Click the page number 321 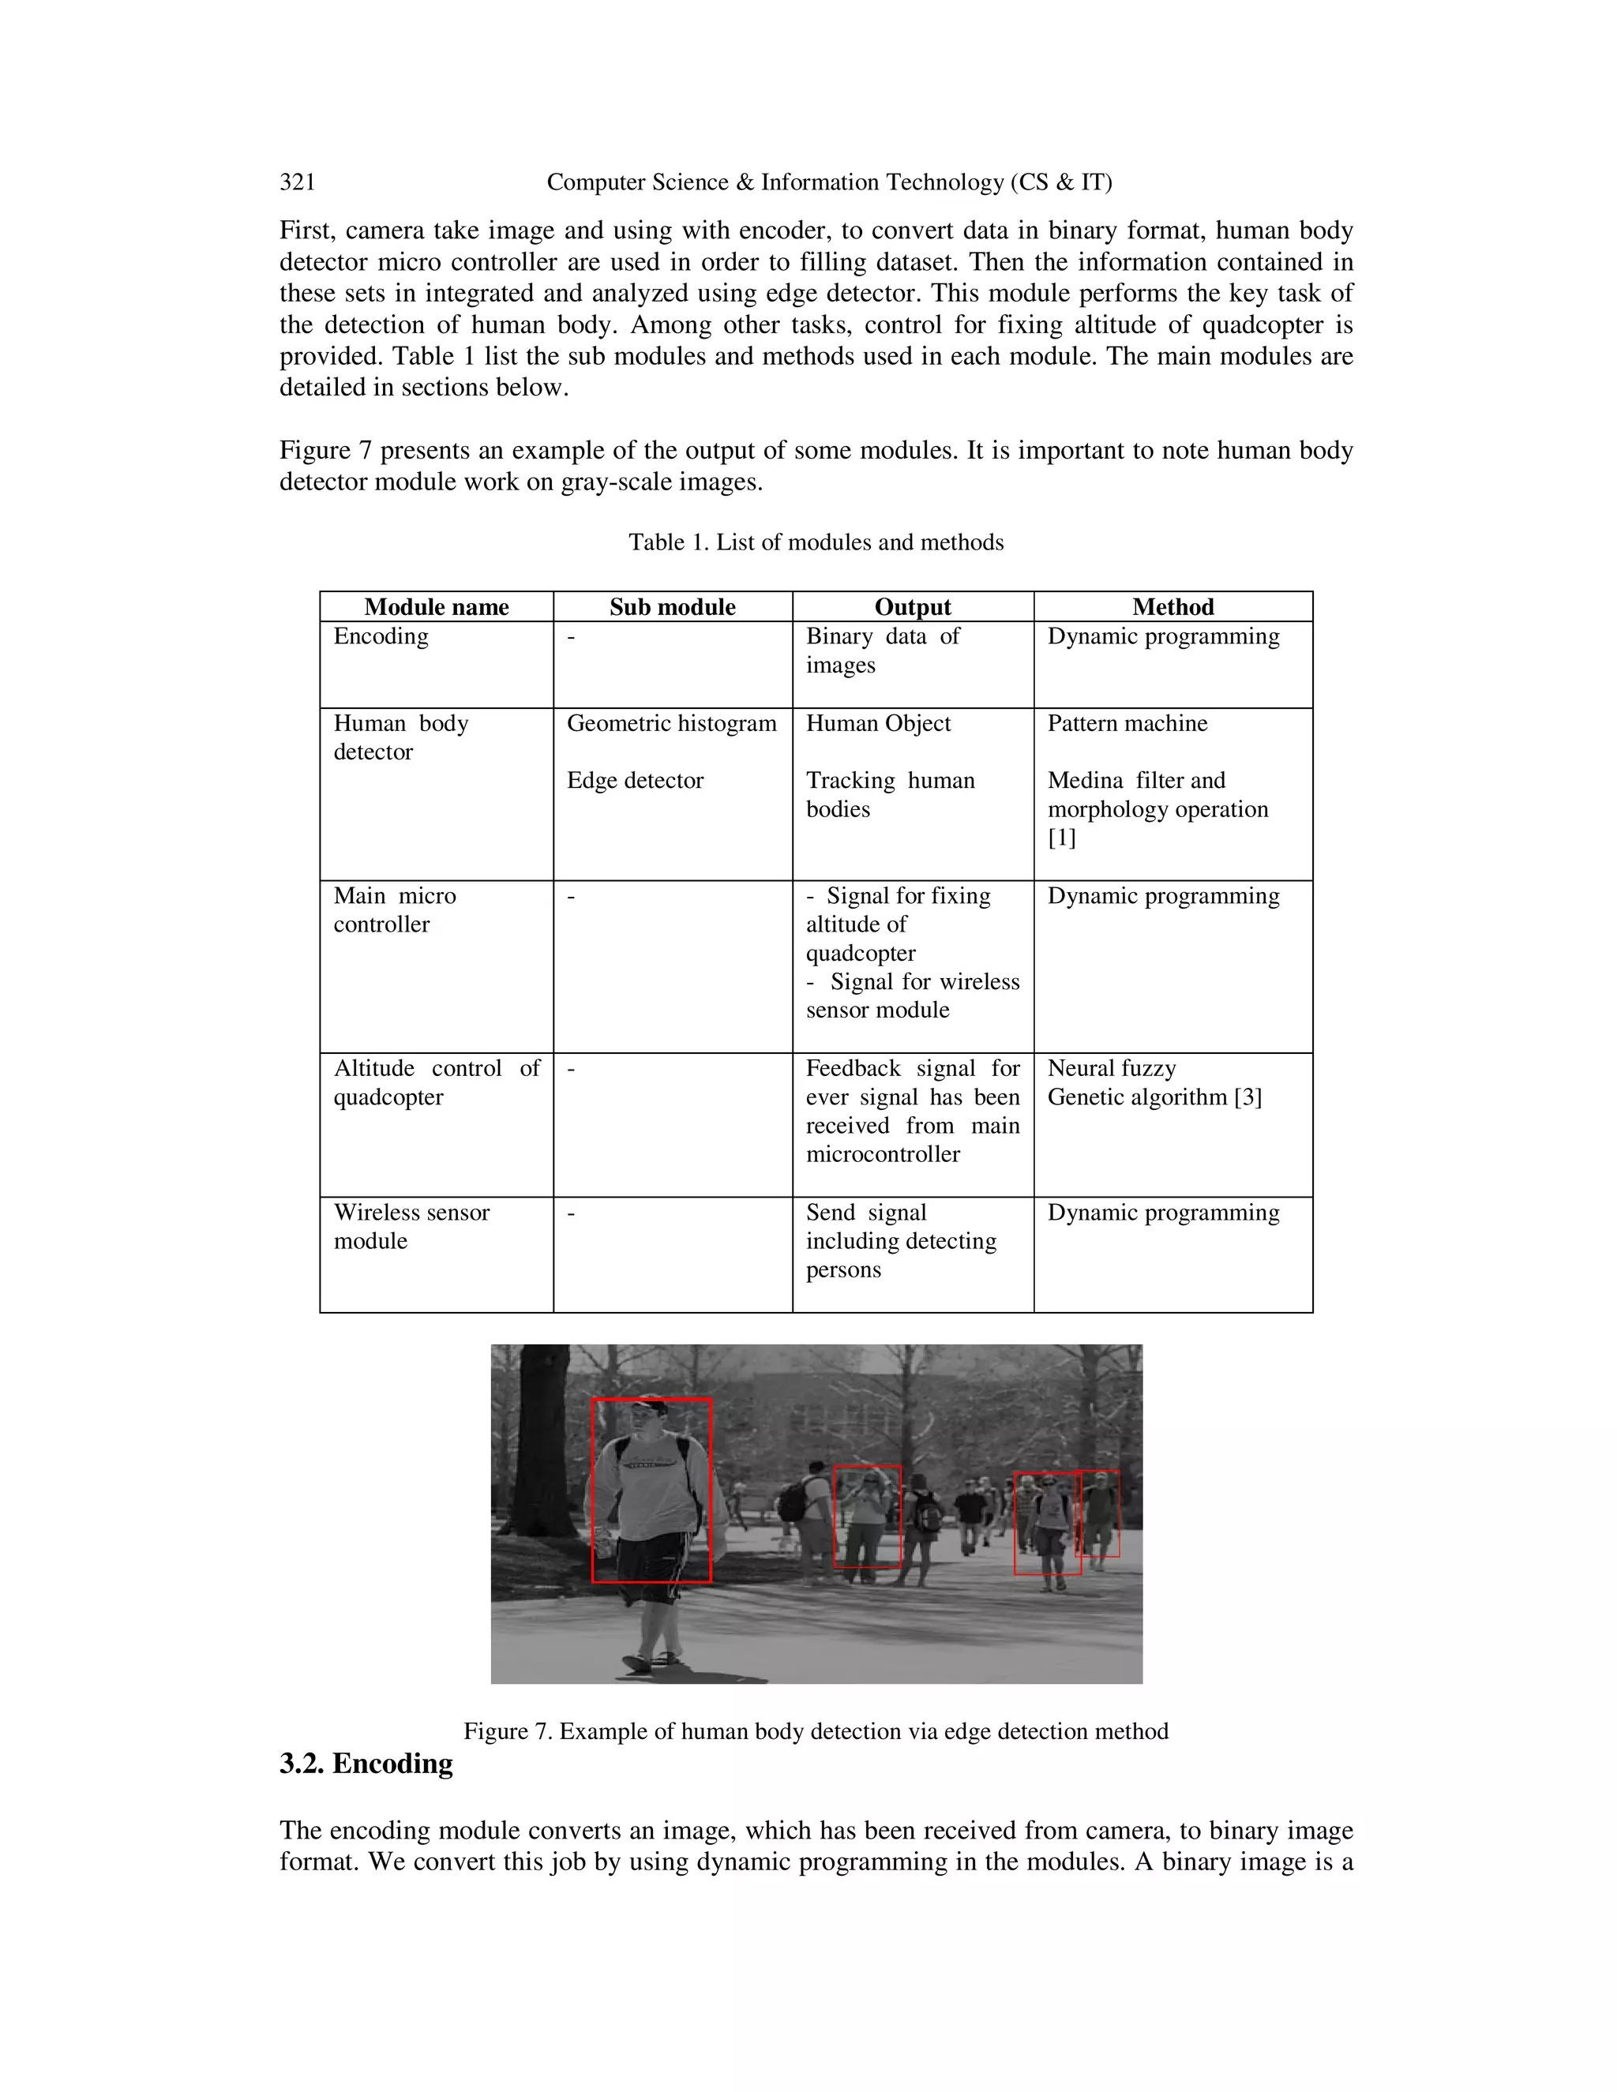pyautogui.click(x=297, y=182)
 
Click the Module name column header pyautogui.click(x=436, y=607)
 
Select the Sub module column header pyautogui.click(x=673, y=607)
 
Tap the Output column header pyautogui.click(x=912, y=607)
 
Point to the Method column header pyautogui.click(x=1172, y=607)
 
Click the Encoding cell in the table pyautogui.click(x=381, y=637)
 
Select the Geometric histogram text pyautogui.click(x=672, y=723)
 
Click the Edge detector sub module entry pyautogui.click(x=635, y=781)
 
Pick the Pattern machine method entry pyautogui.click(x=1127, y=723)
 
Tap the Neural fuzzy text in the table pyautogui.click(x=1111, y=1068)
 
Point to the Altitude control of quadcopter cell pyautogui.click(x=436, y=1082)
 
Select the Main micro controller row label pyautogui.click(x=395, y=910)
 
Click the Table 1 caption pyautogui.click(x=816, y=542)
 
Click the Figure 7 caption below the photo pyautogui.click(x=816, y=1731)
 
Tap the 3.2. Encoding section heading pyautogui.click(x=366, y=1764)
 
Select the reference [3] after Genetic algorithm pyautogui.click(x=1248, y=1097)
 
